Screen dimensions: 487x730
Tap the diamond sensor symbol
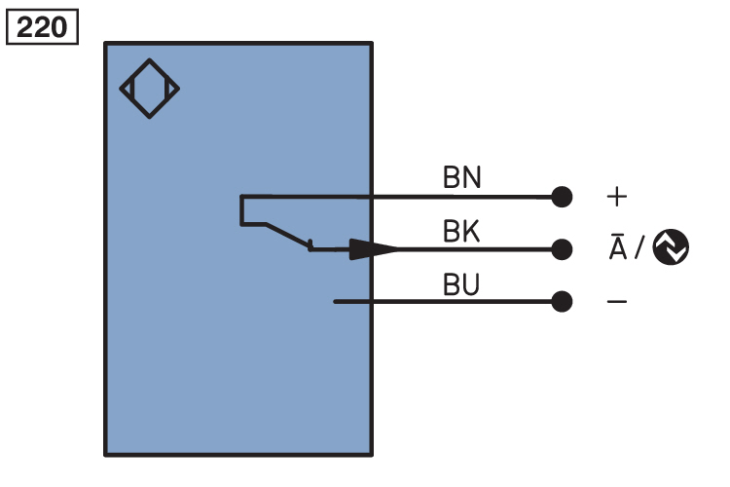click(150, 89)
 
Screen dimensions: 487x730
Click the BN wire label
click(461, 178)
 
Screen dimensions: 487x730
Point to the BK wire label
click(461, 232)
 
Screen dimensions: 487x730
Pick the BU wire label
click(461, 285)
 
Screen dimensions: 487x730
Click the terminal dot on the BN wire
click(562, 197)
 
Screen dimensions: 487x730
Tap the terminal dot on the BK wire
click(562, 249)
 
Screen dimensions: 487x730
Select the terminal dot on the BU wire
click(562, 302)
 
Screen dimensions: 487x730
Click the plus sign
click(617, 197)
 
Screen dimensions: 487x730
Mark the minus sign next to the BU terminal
click(617, 302)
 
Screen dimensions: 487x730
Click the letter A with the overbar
click(617, 247)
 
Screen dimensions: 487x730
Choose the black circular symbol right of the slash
click(671, 248)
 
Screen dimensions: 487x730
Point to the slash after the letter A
click(639, 249)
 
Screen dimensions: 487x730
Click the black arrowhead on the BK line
click(375, 249)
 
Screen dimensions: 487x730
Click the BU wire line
click(448, 302)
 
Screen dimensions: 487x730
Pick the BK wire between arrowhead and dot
click(477, 249)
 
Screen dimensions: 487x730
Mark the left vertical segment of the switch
click(242, 210)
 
